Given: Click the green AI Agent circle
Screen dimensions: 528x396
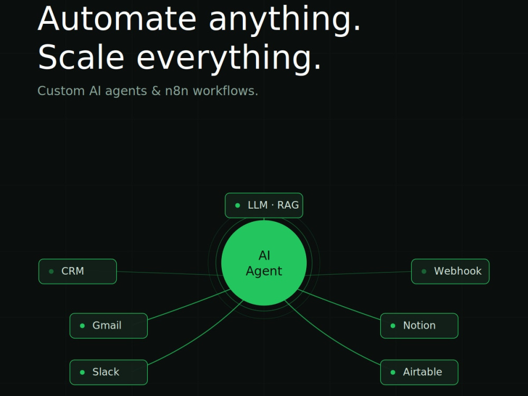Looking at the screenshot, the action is [264, 262].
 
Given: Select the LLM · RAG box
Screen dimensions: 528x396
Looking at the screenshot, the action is [264, 205].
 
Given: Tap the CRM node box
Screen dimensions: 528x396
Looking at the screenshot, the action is [78, 271].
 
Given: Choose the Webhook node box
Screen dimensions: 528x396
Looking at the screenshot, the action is [450, 271].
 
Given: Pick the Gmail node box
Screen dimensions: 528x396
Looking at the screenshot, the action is [108, 326].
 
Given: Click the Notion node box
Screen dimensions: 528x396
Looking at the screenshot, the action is [419, 326].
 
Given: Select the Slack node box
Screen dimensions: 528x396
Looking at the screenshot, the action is [108, 372].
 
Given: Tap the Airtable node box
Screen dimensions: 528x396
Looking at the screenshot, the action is [419, 372].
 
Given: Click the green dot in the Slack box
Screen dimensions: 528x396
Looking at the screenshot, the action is [82, 372].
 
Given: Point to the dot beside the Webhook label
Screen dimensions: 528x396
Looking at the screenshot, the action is [424, 271].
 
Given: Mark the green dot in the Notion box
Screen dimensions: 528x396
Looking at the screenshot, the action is [393, 326].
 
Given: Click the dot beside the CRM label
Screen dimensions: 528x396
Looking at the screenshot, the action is [51, 271].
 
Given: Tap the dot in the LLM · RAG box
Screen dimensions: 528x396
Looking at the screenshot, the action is [238, 205].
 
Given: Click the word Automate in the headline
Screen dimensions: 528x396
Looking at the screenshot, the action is [117, 19].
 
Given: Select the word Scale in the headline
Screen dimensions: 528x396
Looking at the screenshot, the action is [81, 57].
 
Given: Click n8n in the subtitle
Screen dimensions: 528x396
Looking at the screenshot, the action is [176, 91].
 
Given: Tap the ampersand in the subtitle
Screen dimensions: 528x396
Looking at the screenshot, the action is [156, 91].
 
